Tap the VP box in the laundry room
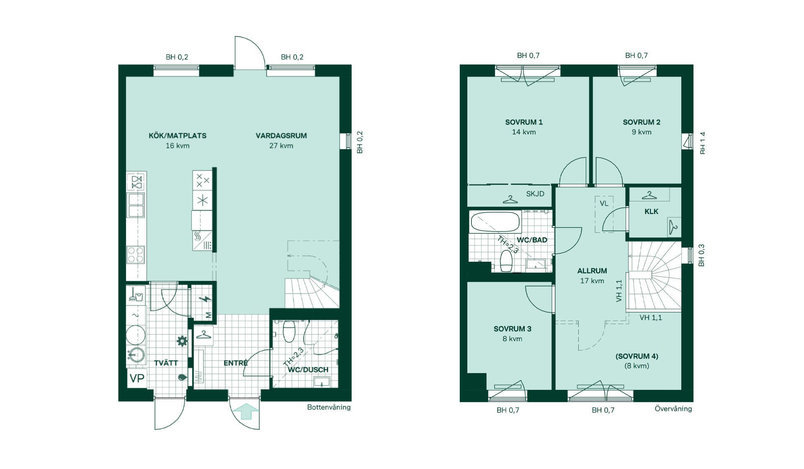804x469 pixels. pos(137,378)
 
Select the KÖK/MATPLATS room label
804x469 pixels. pos(178,136)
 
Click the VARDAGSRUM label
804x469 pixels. pos(281,136)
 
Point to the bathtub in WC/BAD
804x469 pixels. pos(495,222)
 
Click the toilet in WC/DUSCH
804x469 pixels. pos(289,331)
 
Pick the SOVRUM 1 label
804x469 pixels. pos(524,122)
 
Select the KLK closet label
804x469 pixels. pos(651,211)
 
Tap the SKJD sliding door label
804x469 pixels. pos(535,193)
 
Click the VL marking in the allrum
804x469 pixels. pos(604,204)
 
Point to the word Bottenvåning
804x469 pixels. pos(329,407)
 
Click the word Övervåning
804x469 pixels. pos(673,409)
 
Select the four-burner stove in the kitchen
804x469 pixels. pos(136,255)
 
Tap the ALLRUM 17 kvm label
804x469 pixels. pos(592,276)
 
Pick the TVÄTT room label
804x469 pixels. pos(166,363)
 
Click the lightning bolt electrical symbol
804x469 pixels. pos(205,299)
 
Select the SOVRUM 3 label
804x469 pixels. pos(513,329)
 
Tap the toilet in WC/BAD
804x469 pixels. pos(506,261)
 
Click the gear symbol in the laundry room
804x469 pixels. pos(182,341)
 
